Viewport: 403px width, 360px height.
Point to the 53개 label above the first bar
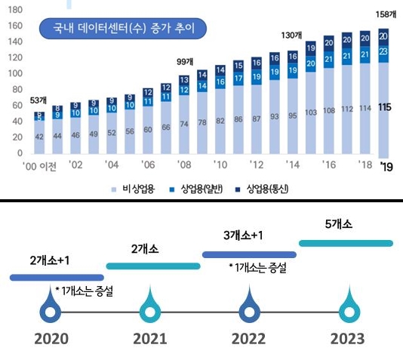tap(37, 100)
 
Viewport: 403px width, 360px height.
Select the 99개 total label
tap(184, 62)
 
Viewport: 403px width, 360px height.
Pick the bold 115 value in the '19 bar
tap(383, 108)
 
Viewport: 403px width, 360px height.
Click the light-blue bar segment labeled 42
tap(39, 136)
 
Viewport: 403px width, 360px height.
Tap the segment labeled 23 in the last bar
tap(383, 51)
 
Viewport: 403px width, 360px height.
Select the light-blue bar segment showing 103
tap(310, 112)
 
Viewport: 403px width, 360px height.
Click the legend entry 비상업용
tap(136, 188)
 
